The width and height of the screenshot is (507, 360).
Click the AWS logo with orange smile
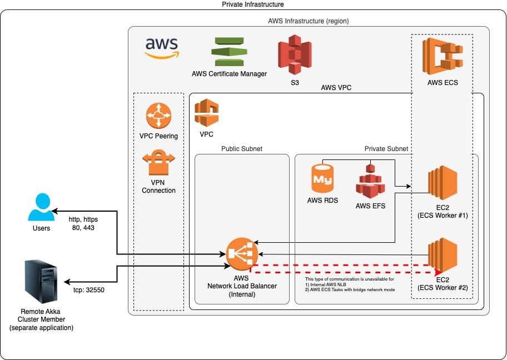(161, 47)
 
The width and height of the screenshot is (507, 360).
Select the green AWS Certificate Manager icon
(229, 52)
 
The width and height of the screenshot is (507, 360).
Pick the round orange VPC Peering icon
(158, 116)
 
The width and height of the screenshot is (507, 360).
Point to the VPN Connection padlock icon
(158, 163)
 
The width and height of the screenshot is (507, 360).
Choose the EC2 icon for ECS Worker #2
(443, 255)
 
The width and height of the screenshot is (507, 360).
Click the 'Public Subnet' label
(242, 149)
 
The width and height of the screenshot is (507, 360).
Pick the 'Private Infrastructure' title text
(253, 4)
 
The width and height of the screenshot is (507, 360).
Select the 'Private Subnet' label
(386, 149)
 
